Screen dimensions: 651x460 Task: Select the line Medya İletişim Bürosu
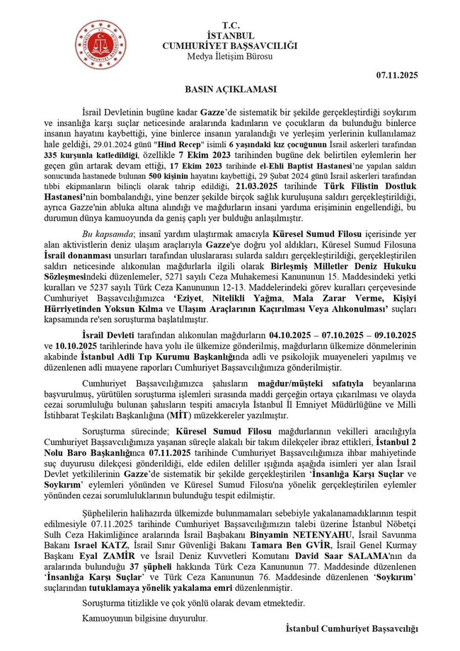point(230,57)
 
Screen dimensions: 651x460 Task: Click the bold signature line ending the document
point(352,628)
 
